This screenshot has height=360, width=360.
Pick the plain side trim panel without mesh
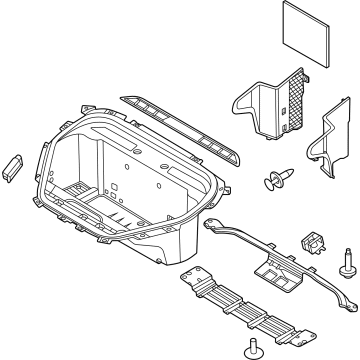pos(325,151)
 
